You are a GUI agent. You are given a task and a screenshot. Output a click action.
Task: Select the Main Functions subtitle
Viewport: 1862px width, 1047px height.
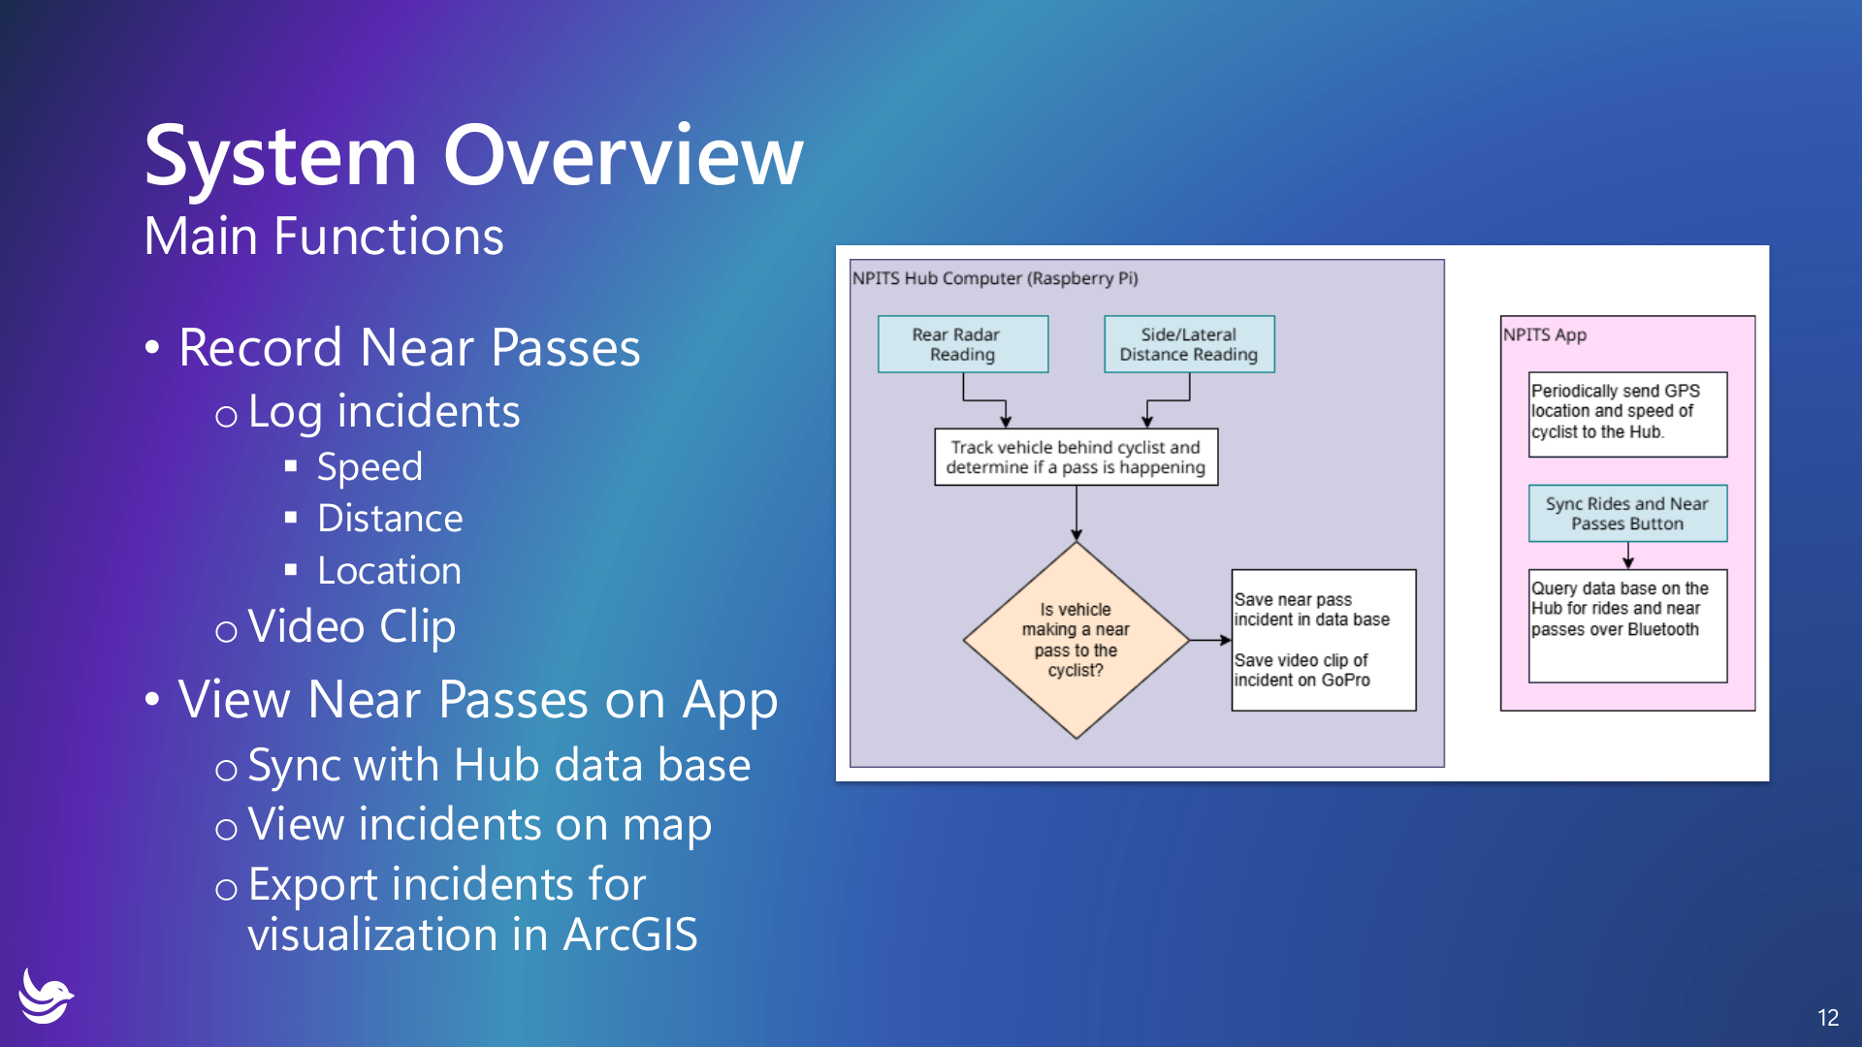coord(324,236)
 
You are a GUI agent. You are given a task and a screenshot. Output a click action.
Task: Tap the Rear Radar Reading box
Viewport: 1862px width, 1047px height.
coord(962,344)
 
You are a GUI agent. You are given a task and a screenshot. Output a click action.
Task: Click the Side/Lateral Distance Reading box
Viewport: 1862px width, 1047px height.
coord(1188,344)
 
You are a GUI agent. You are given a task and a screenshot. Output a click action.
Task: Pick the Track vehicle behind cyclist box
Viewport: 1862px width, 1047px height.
coord(1075,457)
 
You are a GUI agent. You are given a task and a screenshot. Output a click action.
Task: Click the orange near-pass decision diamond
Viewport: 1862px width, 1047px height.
coord(1075,640)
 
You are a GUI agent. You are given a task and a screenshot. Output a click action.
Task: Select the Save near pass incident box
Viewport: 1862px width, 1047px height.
coord(1323,640)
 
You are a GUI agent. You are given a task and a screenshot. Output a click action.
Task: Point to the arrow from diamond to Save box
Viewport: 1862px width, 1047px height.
coord(1209,640)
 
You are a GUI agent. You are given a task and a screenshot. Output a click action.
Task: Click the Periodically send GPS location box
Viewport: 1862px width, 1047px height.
coord(1626,413)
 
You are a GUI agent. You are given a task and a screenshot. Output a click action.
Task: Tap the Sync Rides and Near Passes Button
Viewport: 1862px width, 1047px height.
coord(1626,513)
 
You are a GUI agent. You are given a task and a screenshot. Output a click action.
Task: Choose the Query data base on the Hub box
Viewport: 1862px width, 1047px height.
coord(1626,624)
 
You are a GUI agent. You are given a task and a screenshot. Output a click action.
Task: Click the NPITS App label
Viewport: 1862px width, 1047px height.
coord(1545,334)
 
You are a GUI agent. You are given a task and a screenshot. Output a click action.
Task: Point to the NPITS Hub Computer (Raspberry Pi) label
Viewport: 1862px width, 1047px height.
coord(995,278)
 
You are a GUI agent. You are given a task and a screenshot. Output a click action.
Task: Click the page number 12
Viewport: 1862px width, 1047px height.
coord(1828,1017)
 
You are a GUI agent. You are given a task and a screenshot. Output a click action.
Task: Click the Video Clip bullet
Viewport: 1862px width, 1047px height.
coord(351,626)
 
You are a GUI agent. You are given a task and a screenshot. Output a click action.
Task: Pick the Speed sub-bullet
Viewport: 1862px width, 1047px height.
coord(369,467)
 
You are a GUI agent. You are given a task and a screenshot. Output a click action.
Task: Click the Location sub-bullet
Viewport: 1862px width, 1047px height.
coord(389,571)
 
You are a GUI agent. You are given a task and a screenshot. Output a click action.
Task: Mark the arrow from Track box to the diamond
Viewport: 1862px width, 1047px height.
coord(1075,513)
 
